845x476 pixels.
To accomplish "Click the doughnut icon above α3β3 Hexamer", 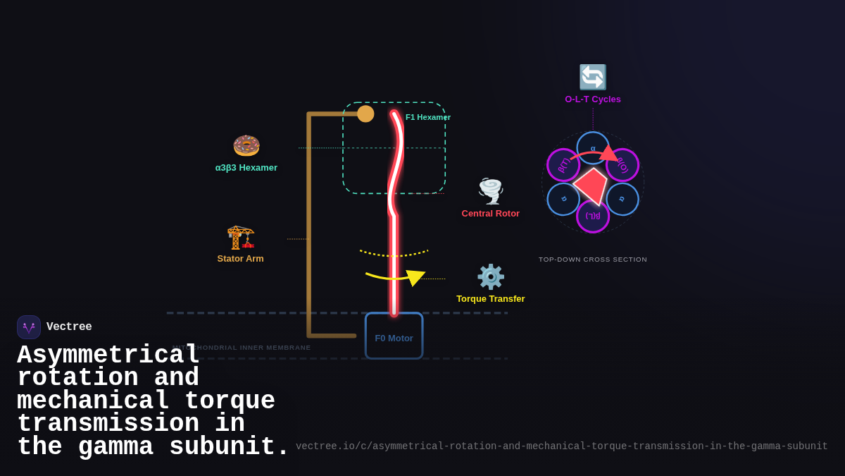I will pyautogui.click(x=246, y=145).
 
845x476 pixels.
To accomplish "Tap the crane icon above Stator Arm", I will pyautogui.click(x=241, y=237).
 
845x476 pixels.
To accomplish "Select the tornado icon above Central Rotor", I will pyautogui.click(x=491, y=191).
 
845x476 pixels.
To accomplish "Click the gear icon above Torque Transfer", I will pyautogui.click(x=491, y=276).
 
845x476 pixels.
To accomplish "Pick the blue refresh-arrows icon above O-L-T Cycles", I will pyautogui.click(x=593, y=77).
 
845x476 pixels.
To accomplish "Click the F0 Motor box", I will pyautogui.click(x=394, y=336).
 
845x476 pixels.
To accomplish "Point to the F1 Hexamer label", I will pyautogui.click(x=428, y=117).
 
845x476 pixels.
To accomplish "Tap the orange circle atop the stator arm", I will pyautogui.click(x=365, y=114).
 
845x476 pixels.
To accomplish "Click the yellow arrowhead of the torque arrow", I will pyautogui.click(x=415, y=277).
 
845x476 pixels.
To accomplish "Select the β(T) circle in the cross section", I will pyautogui.click(x=563, y=165).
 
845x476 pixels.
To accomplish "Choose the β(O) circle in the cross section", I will pyautogui.click(x=622, y=165).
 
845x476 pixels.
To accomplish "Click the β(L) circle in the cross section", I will pyautogui.click(x=593, y=216).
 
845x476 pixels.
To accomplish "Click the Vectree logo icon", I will pyautogui.click(x=29, y=327).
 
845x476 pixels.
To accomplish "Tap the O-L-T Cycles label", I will pyautogui.click(x=593, y=99).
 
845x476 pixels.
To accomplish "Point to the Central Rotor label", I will pyautogui.click(x=491, y=214).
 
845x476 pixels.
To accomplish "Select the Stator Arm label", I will pyautogui.click(x=241, y=259).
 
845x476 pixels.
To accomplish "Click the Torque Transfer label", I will pyautogui.click(x=491, y=299).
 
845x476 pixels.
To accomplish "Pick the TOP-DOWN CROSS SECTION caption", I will pyautogui.click(x=593, y=260).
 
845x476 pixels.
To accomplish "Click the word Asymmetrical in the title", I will pyautogui.click(x=108, y=355).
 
